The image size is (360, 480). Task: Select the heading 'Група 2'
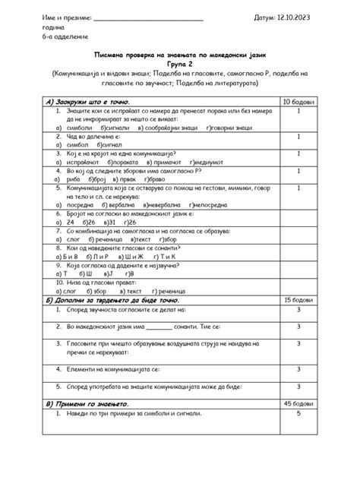(x=179, y=65)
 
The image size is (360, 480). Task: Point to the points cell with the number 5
(x=298, y=413)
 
